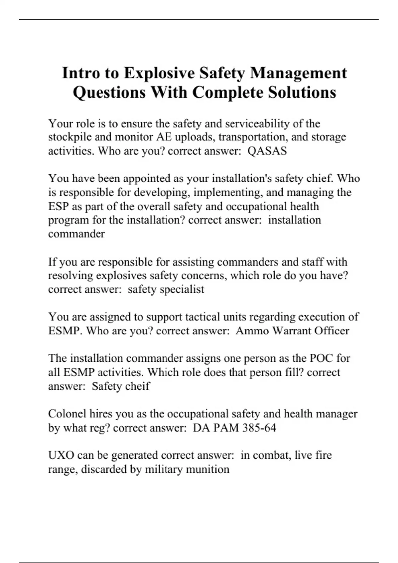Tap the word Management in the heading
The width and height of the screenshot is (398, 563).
click(x=298, y=73)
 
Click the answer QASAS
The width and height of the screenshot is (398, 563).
click(x=267, y=151)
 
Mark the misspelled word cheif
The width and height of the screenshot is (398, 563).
click(x=135, y=386)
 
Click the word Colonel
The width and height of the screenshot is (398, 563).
click(x=67, y=414)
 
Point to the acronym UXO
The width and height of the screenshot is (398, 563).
click(x=61, y=455)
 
